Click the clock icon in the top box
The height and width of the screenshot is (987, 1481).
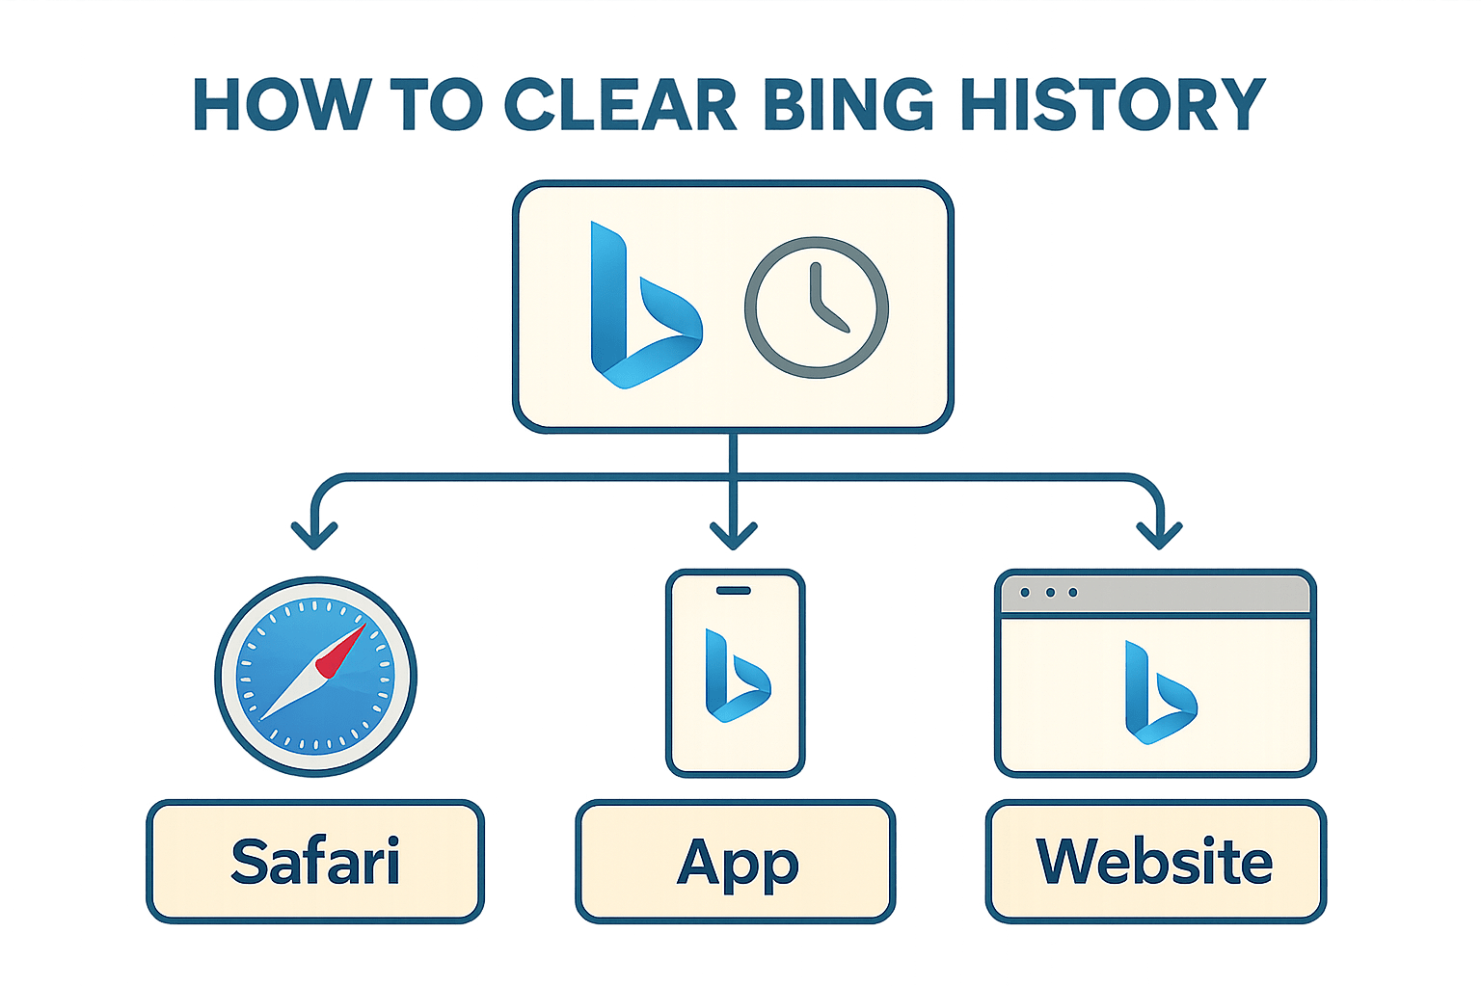pos(816,307)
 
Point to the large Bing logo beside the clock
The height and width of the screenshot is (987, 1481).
pos(640,307)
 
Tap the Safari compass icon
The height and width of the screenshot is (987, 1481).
pos(315,676)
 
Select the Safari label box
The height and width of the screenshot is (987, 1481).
pos(315,861)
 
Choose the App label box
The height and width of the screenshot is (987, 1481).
pos(736,861)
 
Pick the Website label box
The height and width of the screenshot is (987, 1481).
pos(1155,861)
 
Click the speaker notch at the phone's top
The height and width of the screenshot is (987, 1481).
pos(735,590)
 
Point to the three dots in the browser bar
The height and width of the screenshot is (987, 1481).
pos(1049,593)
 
